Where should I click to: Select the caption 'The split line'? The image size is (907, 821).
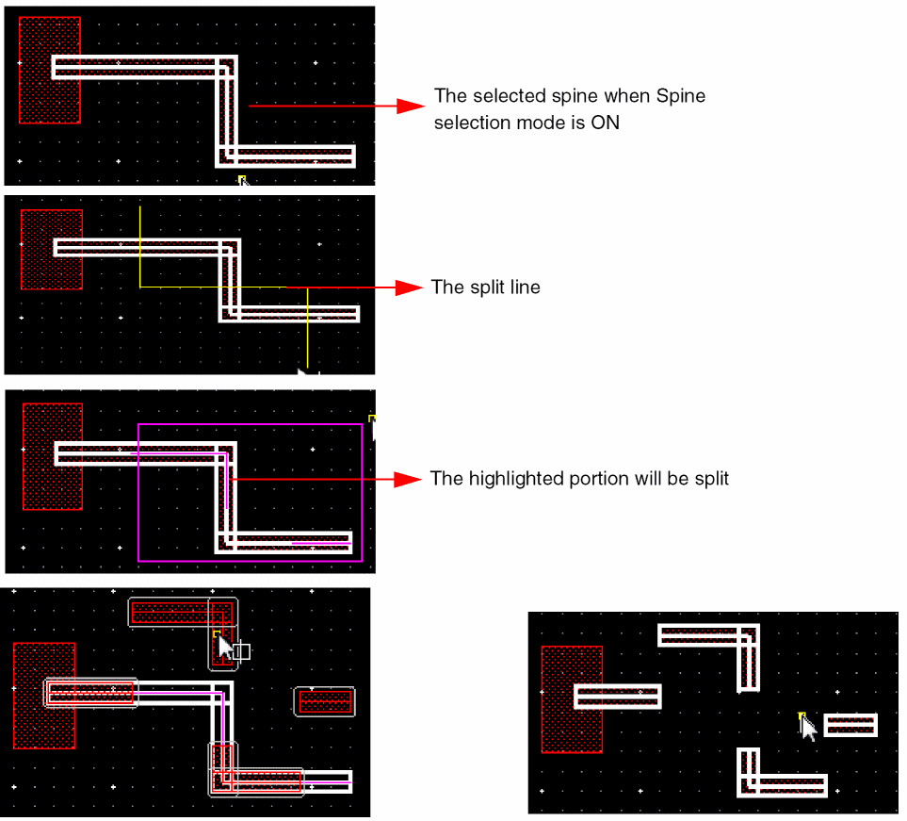[x=485, y=287]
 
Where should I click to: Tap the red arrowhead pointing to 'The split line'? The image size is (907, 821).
[x=409, y=287]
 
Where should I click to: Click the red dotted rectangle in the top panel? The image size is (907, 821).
[x=49, y=70]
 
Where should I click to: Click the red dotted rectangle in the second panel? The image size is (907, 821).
[x=51, y=249]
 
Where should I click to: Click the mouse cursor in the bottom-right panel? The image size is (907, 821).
[x=807, y=727]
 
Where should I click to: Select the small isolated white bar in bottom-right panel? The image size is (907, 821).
[x=850, y=725]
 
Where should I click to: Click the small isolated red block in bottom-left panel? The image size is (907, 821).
[x=325, y=701]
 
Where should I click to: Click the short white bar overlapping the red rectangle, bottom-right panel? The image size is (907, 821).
[x=617, y=697]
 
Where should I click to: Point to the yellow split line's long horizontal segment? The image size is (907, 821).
[x=212, y=287]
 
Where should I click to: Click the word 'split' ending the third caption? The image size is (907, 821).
[x=710, y=479]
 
